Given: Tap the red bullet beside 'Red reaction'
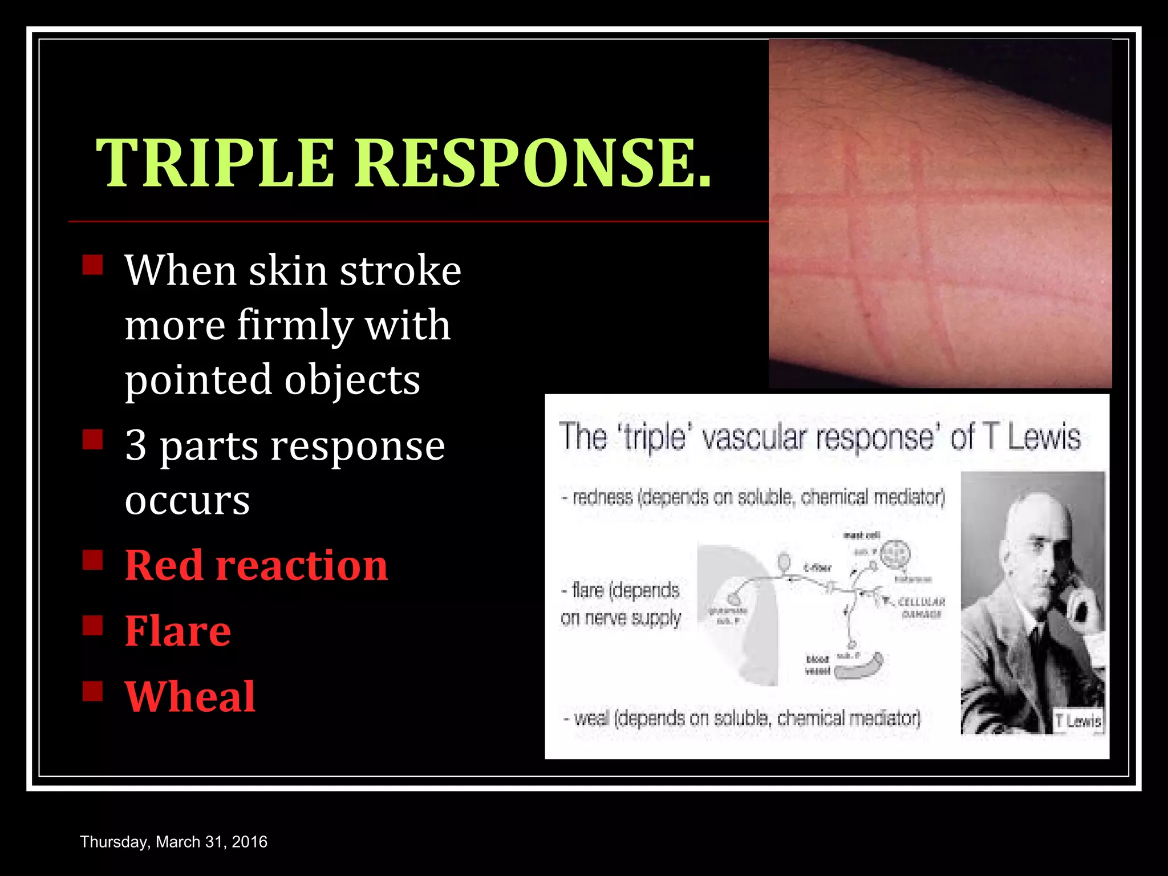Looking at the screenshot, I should (92, 560).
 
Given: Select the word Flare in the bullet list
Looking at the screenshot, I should (178, 631).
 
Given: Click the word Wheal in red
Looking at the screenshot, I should (190, 696).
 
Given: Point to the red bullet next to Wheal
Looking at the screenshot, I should (92, 691).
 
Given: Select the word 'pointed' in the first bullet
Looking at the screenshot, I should (198, 380).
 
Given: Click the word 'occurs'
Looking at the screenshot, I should (187, 500).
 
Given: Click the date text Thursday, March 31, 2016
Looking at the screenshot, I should (173, 842).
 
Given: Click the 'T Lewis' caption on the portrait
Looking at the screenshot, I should (1077, 721).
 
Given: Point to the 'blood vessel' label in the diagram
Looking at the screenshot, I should (817, 665).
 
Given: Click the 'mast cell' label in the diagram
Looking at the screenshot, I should (862, 535).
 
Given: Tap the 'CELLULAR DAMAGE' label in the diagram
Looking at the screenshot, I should (921, 607).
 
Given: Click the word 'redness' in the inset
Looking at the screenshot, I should (602, 497).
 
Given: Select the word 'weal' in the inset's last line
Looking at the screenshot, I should (591, 718).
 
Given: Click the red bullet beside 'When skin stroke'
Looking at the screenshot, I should (92, 265).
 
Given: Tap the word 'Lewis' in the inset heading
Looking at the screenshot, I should (1044, 438).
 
